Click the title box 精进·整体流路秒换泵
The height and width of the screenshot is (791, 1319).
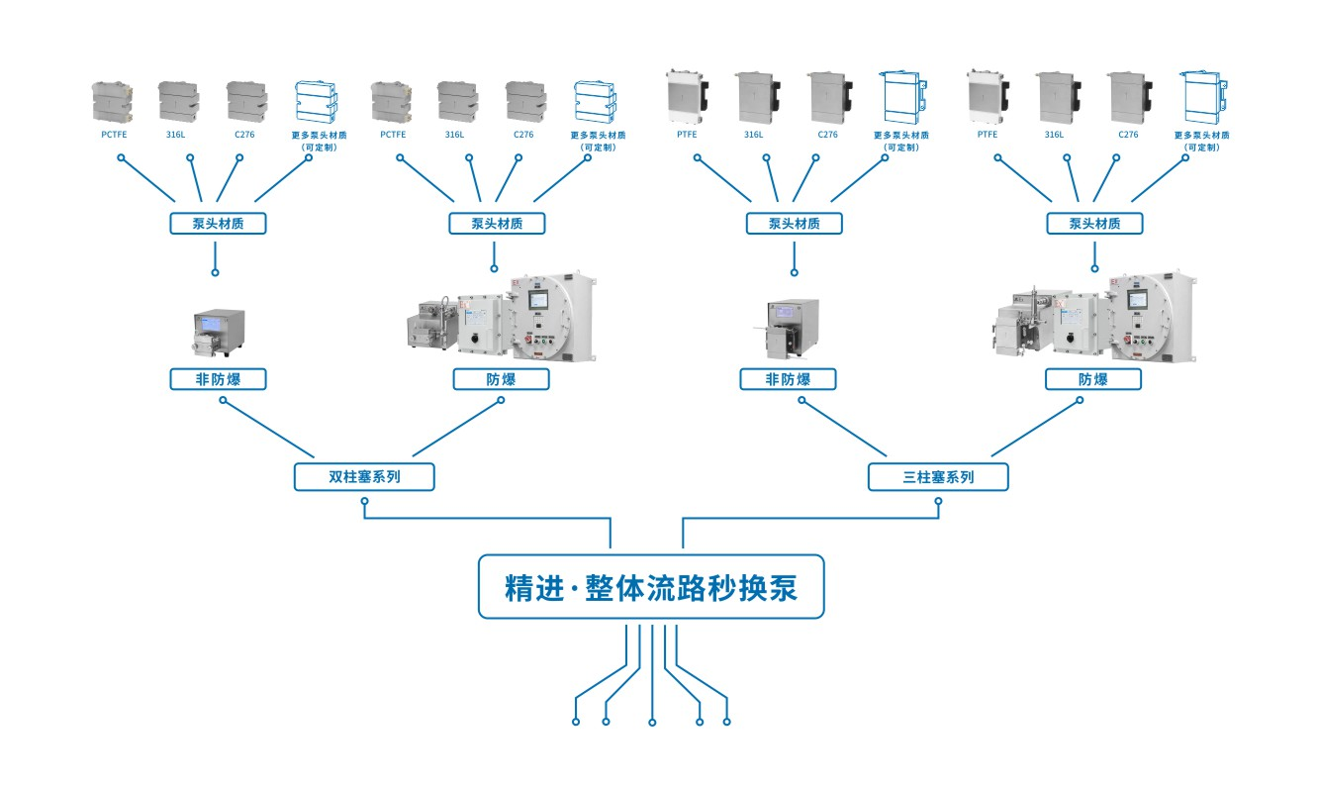(x=650, y=587)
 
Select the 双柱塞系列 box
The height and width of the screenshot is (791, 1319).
(x=364, y=476)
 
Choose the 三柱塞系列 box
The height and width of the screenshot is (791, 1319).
(x=938, y=476)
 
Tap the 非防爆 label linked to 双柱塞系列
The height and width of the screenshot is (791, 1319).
(x=218, y=379)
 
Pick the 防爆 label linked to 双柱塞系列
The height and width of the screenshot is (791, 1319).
(x=501, y=379)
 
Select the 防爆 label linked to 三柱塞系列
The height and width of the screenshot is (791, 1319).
(x=1093, y=379)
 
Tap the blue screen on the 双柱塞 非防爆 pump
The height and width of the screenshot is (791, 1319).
(x=213, y=323)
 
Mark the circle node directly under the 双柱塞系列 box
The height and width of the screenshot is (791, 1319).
(x=365, y=502)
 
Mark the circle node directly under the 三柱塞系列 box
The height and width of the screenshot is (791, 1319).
(x=939, y=502)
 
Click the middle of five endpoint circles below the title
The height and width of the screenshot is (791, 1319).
(x=652, y=722)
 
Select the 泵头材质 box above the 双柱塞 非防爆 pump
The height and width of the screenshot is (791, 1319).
(x=218, y=223)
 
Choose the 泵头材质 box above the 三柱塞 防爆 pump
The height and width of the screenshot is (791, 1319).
(x=1094, y=223)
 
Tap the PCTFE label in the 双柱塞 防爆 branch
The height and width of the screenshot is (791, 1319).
(x=393, y=135)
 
